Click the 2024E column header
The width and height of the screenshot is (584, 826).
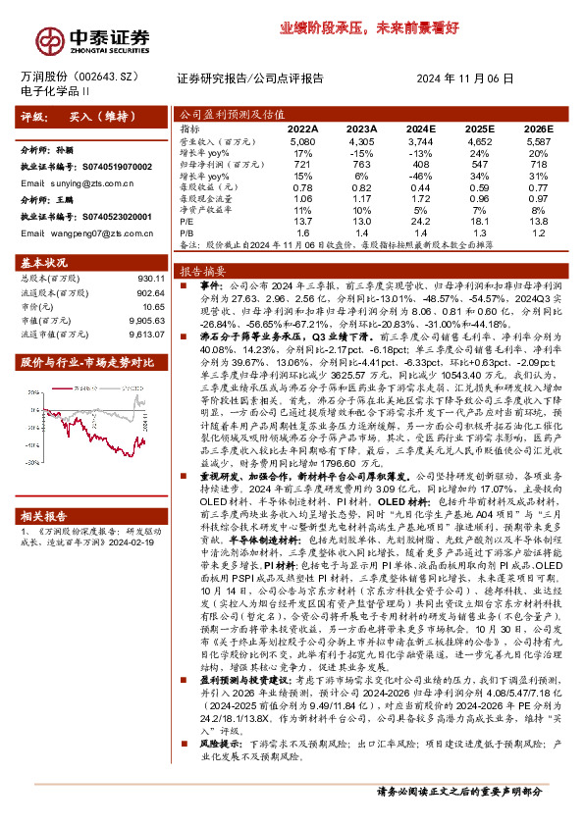click(419, 129)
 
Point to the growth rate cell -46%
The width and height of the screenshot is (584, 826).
click(419, 176)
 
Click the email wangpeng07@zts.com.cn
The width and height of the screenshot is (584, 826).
click(82, 232)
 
